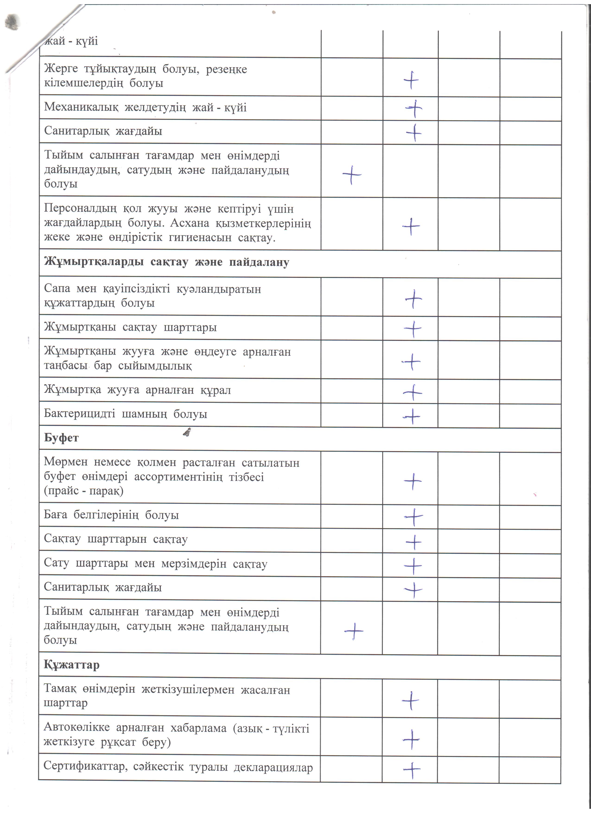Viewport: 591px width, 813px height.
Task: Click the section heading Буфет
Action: pyautogui.click(x=61, y=438)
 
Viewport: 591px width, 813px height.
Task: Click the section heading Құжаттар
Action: pyautogui.click(x=72, y=665)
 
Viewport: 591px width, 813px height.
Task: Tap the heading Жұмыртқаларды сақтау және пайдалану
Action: pyautogui.click(x=166, y=262)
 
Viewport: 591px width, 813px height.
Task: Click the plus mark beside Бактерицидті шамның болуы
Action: pyautogui.click(x=412, y=416)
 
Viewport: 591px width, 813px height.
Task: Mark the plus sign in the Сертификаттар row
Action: pyautogui.click(x=412, y=770)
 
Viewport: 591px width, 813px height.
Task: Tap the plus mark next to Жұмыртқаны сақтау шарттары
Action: pyautogui.click(x=413, y=329)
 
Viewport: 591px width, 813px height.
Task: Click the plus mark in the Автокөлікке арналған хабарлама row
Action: pyautogui.click(x=411, y=739)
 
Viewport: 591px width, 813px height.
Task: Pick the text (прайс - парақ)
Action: pyautogui.click(x=83, y=491)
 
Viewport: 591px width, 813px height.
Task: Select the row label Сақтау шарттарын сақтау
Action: pyautogui.click(x=116, y=539)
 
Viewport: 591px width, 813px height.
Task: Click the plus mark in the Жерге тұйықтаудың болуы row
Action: pyautogui.click(x=411, y=80)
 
